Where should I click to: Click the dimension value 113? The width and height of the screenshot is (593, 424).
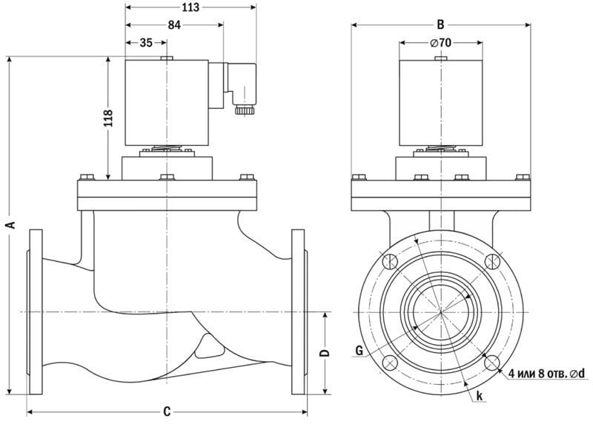(x=190, y=7)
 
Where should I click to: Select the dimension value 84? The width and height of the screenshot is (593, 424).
(x=174, y=25)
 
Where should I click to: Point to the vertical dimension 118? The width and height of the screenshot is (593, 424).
(x=107, y=118)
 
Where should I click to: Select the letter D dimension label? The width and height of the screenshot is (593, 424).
(x=323, y=353)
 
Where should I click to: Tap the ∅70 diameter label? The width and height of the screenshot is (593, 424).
(x=441, y=42)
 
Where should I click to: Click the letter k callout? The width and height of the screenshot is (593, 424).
(x=480, y=397)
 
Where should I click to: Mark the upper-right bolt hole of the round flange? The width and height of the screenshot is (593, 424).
(x=491, y=262)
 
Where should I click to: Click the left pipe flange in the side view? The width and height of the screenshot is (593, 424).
(x=35, y=312)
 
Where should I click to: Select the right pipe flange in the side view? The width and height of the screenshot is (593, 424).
(x=299, y=312)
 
